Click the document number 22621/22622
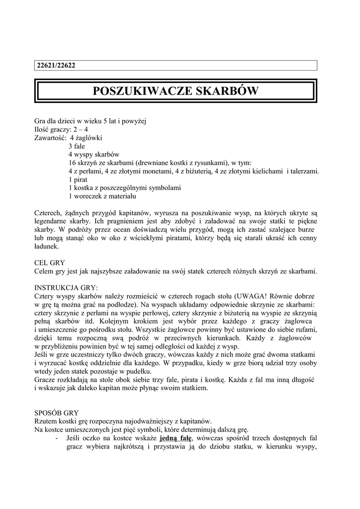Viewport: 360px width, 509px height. [x=57, y=66]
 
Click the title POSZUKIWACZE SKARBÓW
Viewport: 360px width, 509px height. [x=176, y=92]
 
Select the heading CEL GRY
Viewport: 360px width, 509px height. [x=49, y=263]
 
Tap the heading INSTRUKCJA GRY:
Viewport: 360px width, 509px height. [x=66, y=288]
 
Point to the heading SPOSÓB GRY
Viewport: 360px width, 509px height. [x=56, y=413]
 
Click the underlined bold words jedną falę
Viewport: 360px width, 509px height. [x=176, y=438]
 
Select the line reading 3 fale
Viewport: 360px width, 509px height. [x=77, y=146]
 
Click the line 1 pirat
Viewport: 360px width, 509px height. [x=78, y=179]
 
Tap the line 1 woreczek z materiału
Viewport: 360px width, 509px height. [x=101, y=196]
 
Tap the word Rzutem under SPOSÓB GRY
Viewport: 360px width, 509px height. [x=47, y=421]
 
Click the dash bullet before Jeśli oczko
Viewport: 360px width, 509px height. [x=58, y=438]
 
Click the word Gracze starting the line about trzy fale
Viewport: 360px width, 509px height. [x=47, y=379]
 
